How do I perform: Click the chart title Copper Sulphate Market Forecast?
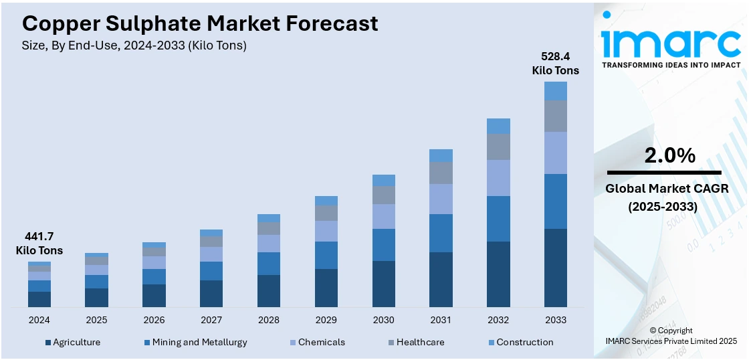200,23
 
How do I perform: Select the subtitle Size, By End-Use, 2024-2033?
134,46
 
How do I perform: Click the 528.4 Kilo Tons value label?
555,63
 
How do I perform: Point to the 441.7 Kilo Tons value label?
39,244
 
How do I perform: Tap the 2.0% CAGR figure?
669,155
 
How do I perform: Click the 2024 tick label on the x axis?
39,320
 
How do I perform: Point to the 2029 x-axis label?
326,320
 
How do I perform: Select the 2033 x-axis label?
556,320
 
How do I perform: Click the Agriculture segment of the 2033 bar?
556,268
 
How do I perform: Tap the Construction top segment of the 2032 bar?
498,126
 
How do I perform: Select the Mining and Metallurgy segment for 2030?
384,245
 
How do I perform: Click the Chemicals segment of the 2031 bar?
441,199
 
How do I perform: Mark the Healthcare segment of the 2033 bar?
556,116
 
